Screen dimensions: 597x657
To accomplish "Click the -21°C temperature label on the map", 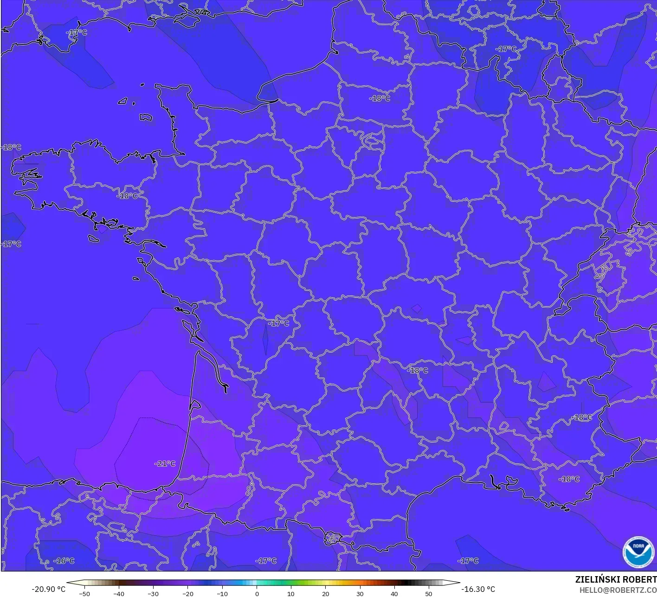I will coord(165,463).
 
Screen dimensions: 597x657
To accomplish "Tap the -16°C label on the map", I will coord(64,561).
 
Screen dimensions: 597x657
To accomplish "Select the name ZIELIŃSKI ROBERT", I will coord(616,579).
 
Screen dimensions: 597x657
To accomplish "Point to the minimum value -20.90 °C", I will coord(48,589).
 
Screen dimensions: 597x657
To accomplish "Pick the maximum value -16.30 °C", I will coord(478,589).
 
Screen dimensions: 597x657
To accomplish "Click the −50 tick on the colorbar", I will coord(84,594).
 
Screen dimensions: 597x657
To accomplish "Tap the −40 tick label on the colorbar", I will coord(119,594).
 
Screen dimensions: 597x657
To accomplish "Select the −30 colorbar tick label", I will coord(153,594).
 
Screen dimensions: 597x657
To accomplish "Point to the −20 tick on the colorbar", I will coord(187,594).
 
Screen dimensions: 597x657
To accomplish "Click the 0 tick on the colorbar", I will coord(257,594).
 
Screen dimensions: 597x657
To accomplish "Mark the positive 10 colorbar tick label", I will coord(291,594).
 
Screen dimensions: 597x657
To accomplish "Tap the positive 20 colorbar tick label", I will coord(325,594).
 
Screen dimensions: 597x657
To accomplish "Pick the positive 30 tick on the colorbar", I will coord(360,594).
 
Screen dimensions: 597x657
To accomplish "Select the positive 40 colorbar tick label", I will coord(394,594).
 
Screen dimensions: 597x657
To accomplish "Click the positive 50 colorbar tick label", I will coord(428,594).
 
